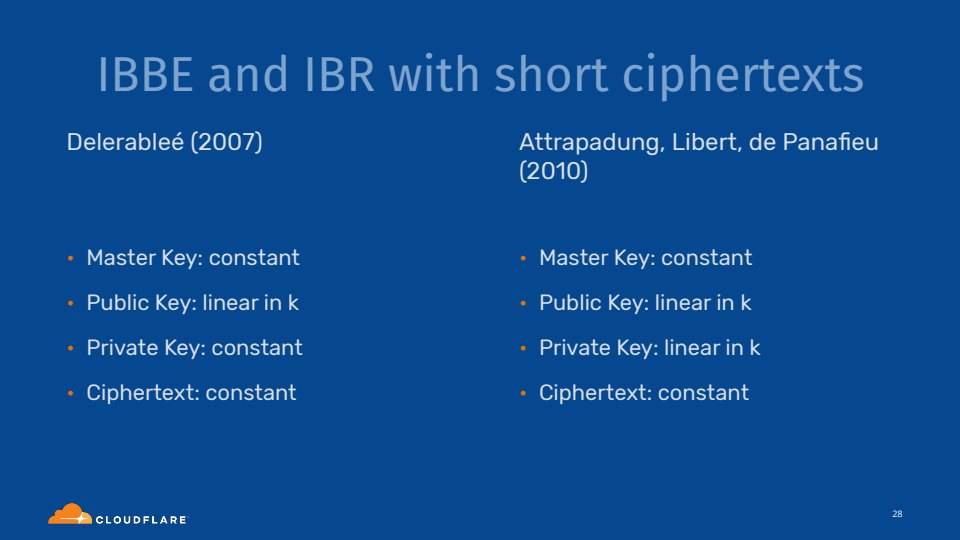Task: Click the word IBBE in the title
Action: (x=146, y=75)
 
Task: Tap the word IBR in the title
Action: (x=339, y=75)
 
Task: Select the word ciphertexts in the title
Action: (x=743, y=76)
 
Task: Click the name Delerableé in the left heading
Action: (x=125, y=142)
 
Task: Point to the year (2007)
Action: (x=227, y=143)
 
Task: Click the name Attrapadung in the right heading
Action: (x=591, y=143)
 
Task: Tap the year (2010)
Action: (x=553, y=171)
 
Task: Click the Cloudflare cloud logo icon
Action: (x=70, y=514)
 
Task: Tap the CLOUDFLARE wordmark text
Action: (x=141, y=520)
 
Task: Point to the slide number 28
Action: (x=897, y=514)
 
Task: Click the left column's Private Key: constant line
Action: (x=194, y=348)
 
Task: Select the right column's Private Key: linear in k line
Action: (x=650, y=348)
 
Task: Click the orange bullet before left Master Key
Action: (x=70, y=258)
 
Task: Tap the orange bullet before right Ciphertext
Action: (x=523, y=393)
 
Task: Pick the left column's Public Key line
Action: (x=192, y=303)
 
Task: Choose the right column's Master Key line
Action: (x=645, y=258)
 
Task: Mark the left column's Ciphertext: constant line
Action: (x=191, y=393)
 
